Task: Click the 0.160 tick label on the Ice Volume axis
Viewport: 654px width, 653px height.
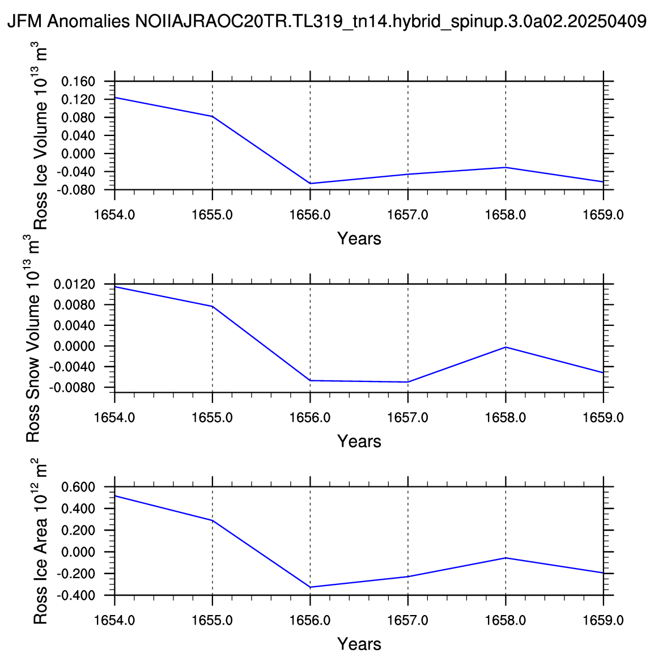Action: tap(78, 82)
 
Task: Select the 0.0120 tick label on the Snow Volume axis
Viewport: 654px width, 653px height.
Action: tap(74, 284)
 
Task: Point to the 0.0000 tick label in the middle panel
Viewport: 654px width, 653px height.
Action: tap(74, 346)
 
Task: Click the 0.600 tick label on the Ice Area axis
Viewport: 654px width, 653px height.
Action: tap(78, 487)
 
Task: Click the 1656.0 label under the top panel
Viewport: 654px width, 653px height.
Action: tap(310, 215)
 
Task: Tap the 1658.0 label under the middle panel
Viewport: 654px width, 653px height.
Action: tap(506, 418)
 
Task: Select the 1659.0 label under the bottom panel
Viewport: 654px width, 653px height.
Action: tap(603, 621)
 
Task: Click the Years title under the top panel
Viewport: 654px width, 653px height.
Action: tap(359, 239)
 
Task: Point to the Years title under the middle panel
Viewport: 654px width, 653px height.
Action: tap(359, 442)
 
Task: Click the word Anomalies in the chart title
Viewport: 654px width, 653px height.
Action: tap(88, 22)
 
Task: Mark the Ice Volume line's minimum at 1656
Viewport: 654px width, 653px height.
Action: tap(310, 184)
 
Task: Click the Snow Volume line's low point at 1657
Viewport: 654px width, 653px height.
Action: tap(408, 382)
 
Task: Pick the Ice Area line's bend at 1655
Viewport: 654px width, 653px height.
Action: tap(213, 520)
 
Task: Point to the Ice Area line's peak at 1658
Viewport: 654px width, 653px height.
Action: tap(506, 558)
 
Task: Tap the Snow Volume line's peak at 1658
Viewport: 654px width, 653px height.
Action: tap(506, 347)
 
